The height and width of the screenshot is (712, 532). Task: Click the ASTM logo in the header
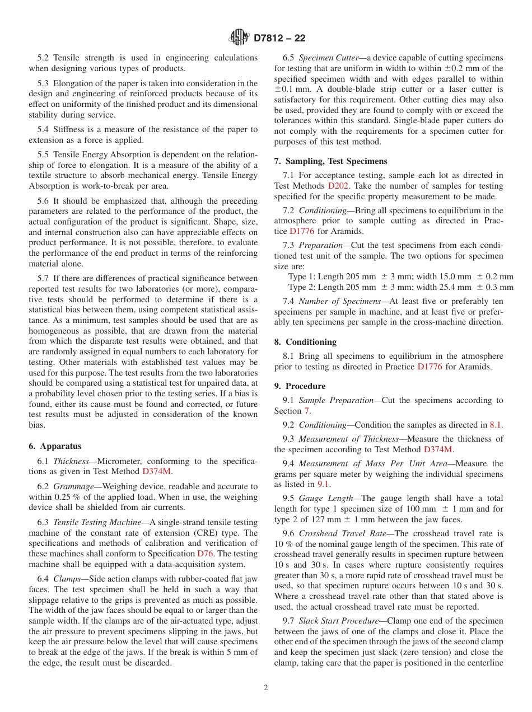pos(240,38)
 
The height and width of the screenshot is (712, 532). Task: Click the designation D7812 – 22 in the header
pos(279,39)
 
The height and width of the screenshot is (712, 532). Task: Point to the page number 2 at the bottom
pos(266,687)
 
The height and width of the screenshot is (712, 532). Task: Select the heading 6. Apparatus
pos(55,446)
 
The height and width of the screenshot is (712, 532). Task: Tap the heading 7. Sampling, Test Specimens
pos(330,161)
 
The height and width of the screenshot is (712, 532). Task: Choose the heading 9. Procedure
pos(300,386)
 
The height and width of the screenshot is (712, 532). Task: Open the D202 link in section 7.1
pos(339,186)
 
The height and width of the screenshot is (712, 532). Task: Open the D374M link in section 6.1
pos(157,471)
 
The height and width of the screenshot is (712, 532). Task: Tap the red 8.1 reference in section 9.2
pos(496,425)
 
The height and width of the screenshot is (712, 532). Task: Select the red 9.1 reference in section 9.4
pos(324,484)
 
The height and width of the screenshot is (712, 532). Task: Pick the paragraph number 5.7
pos(44,278)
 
